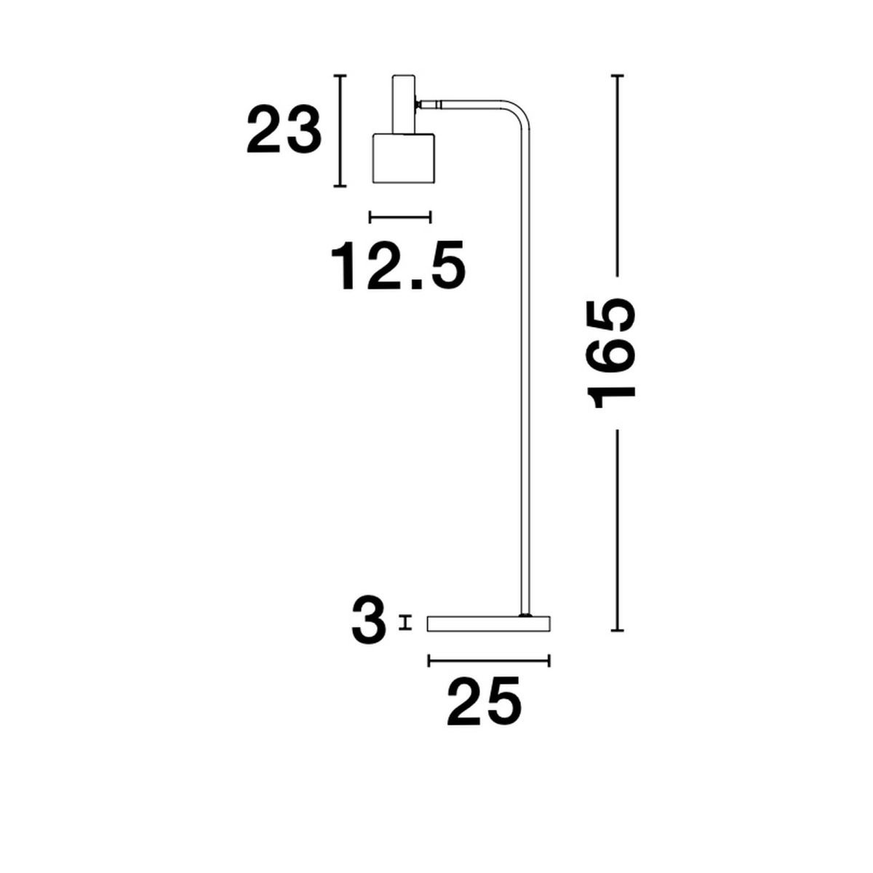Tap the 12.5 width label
pos(398,266)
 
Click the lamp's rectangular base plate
pos(489,623)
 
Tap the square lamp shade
pos(403,158)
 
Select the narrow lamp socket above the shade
pos(403,104)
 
